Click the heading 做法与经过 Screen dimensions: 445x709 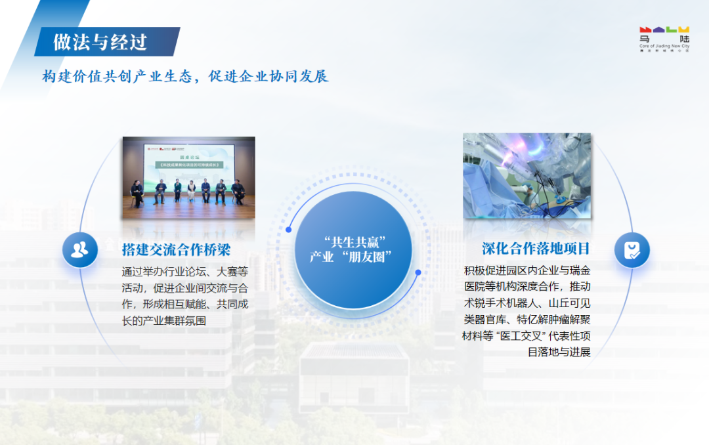[100, 42]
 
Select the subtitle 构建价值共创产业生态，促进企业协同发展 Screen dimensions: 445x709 [185, 76]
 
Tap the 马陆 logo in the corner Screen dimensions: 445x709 [664, 35]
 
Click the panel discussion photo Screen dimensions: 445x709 [188, 177]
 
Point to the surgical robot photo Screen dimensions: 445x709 [526, 176]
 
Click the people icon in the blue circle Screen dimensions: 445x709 [80, 249]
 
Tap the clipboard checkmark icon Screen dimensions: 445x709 [632, 250]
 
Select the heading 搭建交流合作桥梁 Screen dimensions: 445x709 [176, 249]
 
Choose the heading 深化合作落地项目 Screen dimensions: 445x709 [536, 249]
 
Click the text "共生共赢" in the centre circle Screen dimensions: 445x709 [354, 240]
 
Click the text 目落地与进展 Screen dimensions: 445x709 [559, 352]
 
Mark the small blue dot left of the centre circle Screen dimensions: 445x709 [288, 230]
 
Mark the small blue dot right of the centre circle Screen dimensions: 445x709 [418, 272]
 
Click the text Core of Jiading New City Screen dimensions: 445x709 [664, 47]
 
